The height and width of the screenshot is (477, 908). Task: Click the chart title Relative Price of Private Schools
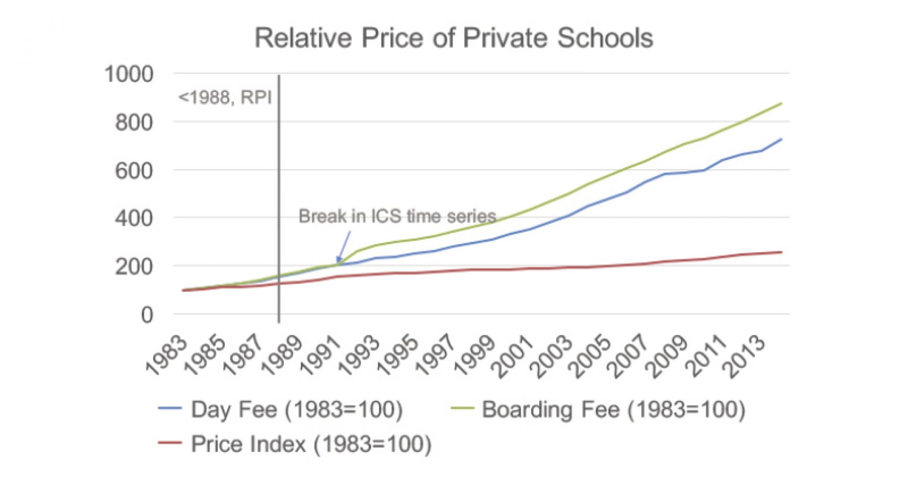tap(454, 38)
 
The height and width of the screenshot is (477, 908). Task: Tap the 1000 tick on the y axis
tap(129, 74)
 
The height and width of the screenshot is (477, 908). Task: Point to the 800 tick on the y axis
tap(134, 123)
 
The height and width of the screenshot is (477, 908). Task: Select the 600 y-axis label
tap(134, 171)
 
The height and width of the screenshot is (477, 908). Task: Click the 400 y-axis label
tap(134, 219)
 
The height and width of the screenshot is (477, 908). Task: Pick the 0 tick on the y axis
tap(147, 315)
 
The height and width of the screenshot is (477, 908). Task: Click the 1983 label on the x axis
tap(166, 355)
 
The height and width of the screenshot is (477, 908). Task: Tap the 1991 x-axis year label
tap(322, 355)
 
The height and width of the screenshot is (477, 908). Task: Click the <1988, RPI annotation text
tap(225, 97)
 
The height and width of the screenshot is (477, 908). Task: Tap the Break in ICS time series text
tap(397, 216)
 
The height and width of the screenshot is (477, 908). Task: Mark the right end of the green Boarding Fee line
tap(781, 103)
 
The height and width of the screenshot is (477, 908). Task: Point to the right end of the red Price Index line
tap(781, 252)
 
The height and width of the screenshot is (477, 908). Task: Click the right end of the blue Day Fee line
tap(781, 139)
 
